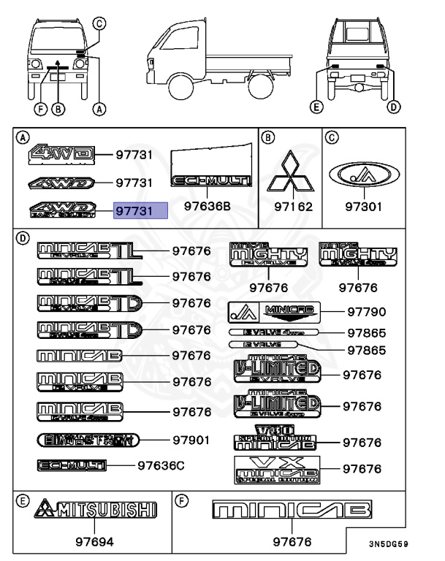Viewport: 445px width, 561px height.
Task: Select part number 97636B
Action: [206, 207]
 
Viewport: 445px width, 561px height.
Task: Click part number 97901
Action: [192, 440]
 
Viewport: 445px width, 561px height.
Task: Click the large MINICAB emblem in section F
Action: [290, 509]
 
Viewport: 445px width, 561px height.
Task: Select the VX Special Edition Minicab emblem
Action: [275, 470]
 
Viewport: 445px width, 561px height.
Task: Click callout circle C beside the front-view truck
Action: [100, 23]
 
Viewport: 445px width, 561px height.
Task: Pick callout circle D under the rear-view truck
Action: [394, 107]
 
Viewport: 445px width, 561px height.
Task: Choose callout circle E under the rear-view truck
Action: [316, 107]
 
